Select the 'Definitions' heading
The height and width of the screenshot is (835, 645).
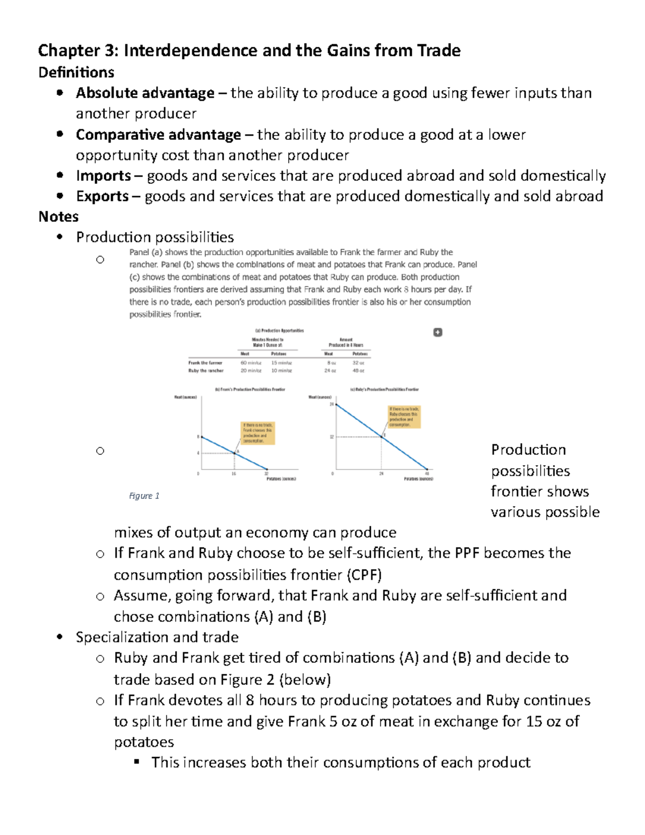(76, 72)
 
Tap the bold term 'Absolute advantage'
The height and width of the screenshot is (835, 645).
(145, 93)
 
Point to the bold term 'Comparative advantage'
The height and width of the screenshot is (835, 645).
(159, 134)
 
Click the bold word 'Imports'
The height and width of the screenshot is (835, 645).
(104, 176)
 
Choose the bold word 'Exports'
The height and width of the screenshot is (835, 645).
(103, 196)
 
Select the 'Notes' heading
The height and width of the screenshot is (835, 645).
(59, 217)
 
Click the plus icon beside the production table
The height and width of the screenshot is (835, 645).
(438, 332)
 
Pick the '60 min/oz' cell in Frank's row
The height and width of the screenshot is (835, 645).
(250, 363)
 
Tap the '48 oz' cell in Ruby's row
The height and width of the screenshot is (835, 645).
(359, 370)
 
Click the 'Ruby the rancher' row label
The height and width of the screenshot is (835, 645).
(206, 370)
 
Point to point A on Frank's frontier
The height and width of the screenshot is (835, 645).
(235, 453)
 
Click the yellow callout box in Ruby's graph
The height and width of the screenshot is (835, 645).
(404, 417)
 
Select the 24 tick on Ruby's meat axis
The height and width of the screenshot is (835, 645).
(332, 404)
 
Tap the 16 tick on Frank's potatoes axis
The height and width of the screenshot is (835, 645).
(234, 474)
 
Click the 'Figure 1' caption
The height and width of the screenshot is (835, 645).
(144, 496)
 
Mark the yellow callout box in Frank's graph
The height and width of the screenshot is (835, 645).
(258, 433)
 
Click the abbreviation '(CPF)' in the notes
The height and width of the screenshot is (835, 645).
(364, 575)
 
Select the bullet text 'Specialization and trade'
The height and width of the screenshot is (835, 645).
(157, 637)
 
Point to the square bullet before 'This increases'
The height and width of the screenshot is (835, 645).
(137, 761)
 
